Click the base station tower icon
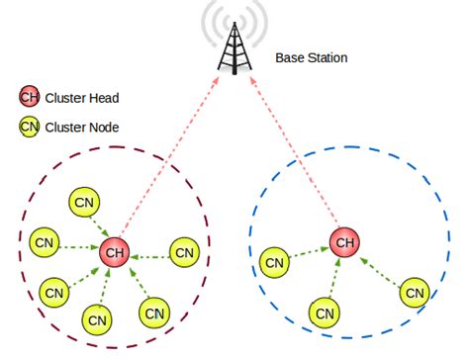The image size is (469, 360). pos(234,46)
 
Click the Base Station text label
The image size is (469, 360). pos(312,57)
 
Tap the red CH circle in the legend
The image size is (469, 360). pos(29,97)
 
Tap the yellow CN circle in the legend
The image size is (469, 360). pos(29,126)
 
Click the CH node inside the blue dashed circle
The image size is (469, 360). pos(344,241)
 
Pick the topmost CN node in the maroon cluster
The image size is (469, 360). pos(83,202)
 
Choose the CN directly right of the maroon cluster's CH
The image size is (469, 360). pos(184,251)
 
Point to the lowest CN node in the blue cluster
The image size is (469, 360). pos(323,313)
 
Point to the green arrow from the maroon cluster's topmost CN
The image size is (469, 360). pos(100,226)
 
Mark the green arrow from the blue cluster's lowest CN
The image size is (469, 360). pos(333,279)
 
